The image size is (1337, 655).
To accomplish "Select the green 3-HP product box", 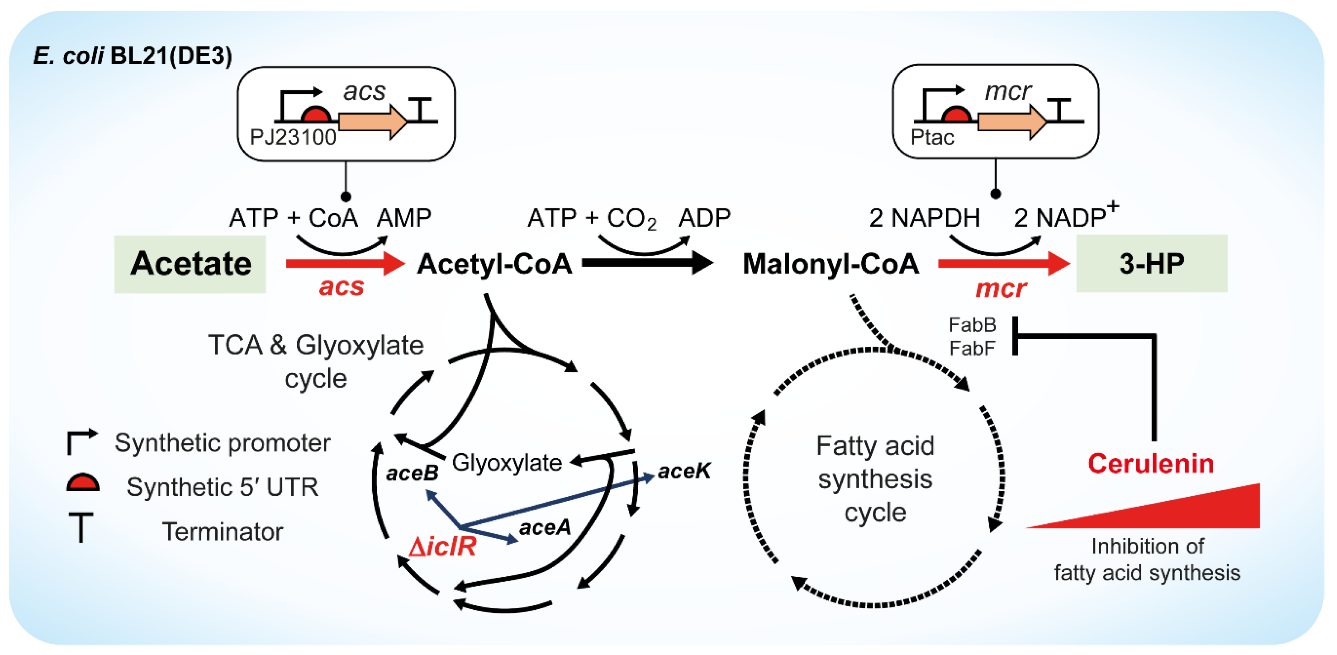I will coord(1151,263).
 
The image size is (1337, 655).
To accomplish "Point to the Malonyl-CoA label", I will coord(831,264).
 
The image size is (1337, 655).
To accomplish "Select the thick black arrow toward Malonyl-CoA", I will coord(646,263).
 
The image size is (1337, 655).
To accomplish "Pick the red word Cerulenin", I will coord(1150,463).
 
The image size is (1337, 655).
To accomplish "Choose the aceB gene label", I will coord(412,473).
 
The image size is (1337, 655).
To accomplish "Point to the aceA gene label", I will coord(544,528).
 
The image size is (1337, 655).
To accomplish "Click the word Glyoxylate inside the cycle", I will coord(506,462).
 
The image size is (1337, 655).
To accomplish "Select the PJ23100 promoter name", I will coord(293,138).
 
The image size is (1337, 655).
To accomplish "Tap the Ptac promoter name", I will coord(932,138).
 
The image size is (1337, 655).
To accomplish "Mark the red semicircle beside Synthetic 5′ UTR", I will coord(83,483).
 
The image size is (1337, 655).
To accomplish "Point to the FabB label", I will coord(972,325).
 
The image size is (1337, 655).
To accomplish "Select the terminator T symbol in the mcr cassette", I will coord(1062,110).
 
